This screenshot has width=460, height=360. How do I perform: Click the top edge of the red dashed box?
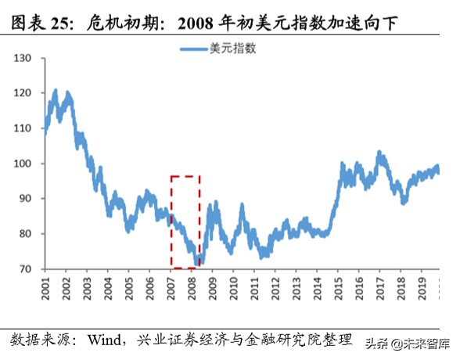point(185,176)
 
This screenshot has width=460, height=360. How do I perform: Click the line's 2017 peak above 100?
point(381,153)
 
